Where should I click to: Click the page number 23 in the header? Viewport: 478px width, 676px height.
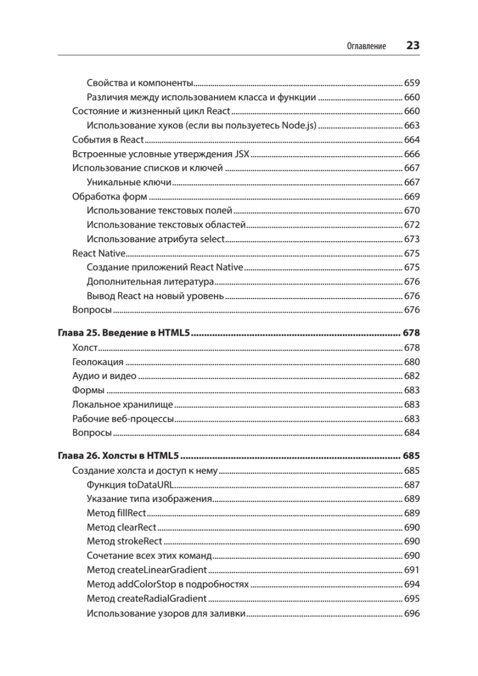click(x=413, y=46)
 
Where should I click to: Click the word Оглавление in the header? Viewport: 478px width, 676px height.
click(x=366, y=46)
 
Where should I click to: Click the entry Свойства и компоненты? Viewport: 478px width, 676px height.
click(x=140, y=82)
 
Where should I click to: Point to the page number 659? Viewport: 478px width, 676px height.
click(x=412, y=82)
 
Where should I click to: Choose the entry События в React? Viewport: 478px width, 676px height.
click(x=109, y=140)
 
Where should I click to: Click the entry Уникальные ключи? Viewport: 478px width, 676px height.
click(x=129, y=183)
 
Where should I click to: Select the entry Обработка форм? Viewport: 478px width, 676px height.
click(x=110, y=197)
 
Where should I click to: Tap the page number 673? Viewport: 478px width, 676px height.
click(x=412, y=239)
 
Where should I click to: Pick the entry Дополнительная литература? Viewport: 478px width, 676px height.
click(x=150, y=281)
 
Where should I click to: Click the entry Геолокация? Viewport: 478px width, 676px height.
click(x=98, y=362)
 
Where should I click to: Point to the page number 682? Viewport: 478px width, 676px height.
click(x=412, y=376)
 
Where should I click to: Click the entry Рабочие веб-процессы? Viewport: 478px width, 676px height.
click(x=123, y=419)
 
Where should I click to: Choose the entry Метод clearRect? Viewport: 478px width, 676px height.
click(x=122, y=527)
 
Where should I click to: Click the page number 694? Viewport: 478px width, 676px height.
click(x=412, y=585)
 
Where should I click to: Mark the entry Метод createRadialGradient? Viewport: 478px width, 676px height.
click(x=147, y=598)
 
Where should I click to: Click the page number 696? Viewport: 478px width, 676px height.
click(x=412, y=613)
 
